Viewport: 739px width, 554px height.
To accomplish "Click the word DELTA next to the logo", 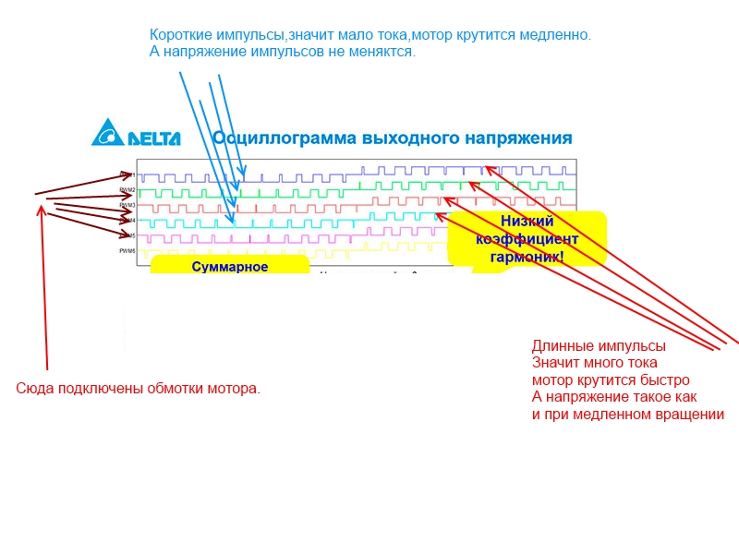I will [153, 139].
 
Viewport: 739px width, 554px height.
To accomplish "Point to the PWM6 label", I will [127, 251].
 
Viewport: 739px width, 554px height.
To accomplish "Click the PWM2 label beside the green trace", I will [127, 190].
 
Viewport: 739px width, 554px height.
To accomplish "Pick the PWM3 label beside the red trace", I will [127, 205].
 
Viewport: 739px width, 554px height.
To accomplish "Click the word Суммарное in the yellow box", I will [230, 267].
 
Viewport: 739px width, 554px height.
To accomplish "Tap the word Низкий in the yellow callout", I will [527, 221].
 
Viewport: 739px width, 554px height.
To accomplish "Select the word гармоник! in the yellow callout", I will [527, 257].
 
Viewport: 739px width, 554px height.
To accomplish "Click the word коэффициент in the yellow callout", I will [527, 239].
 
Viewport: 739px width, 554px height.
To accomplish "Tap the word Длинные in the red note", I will [559, 346].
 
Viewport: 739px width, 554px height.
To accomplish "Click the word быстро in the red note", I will [668, 380].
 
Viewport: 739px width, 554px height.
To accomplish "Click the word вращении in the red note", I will [687, 414].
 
